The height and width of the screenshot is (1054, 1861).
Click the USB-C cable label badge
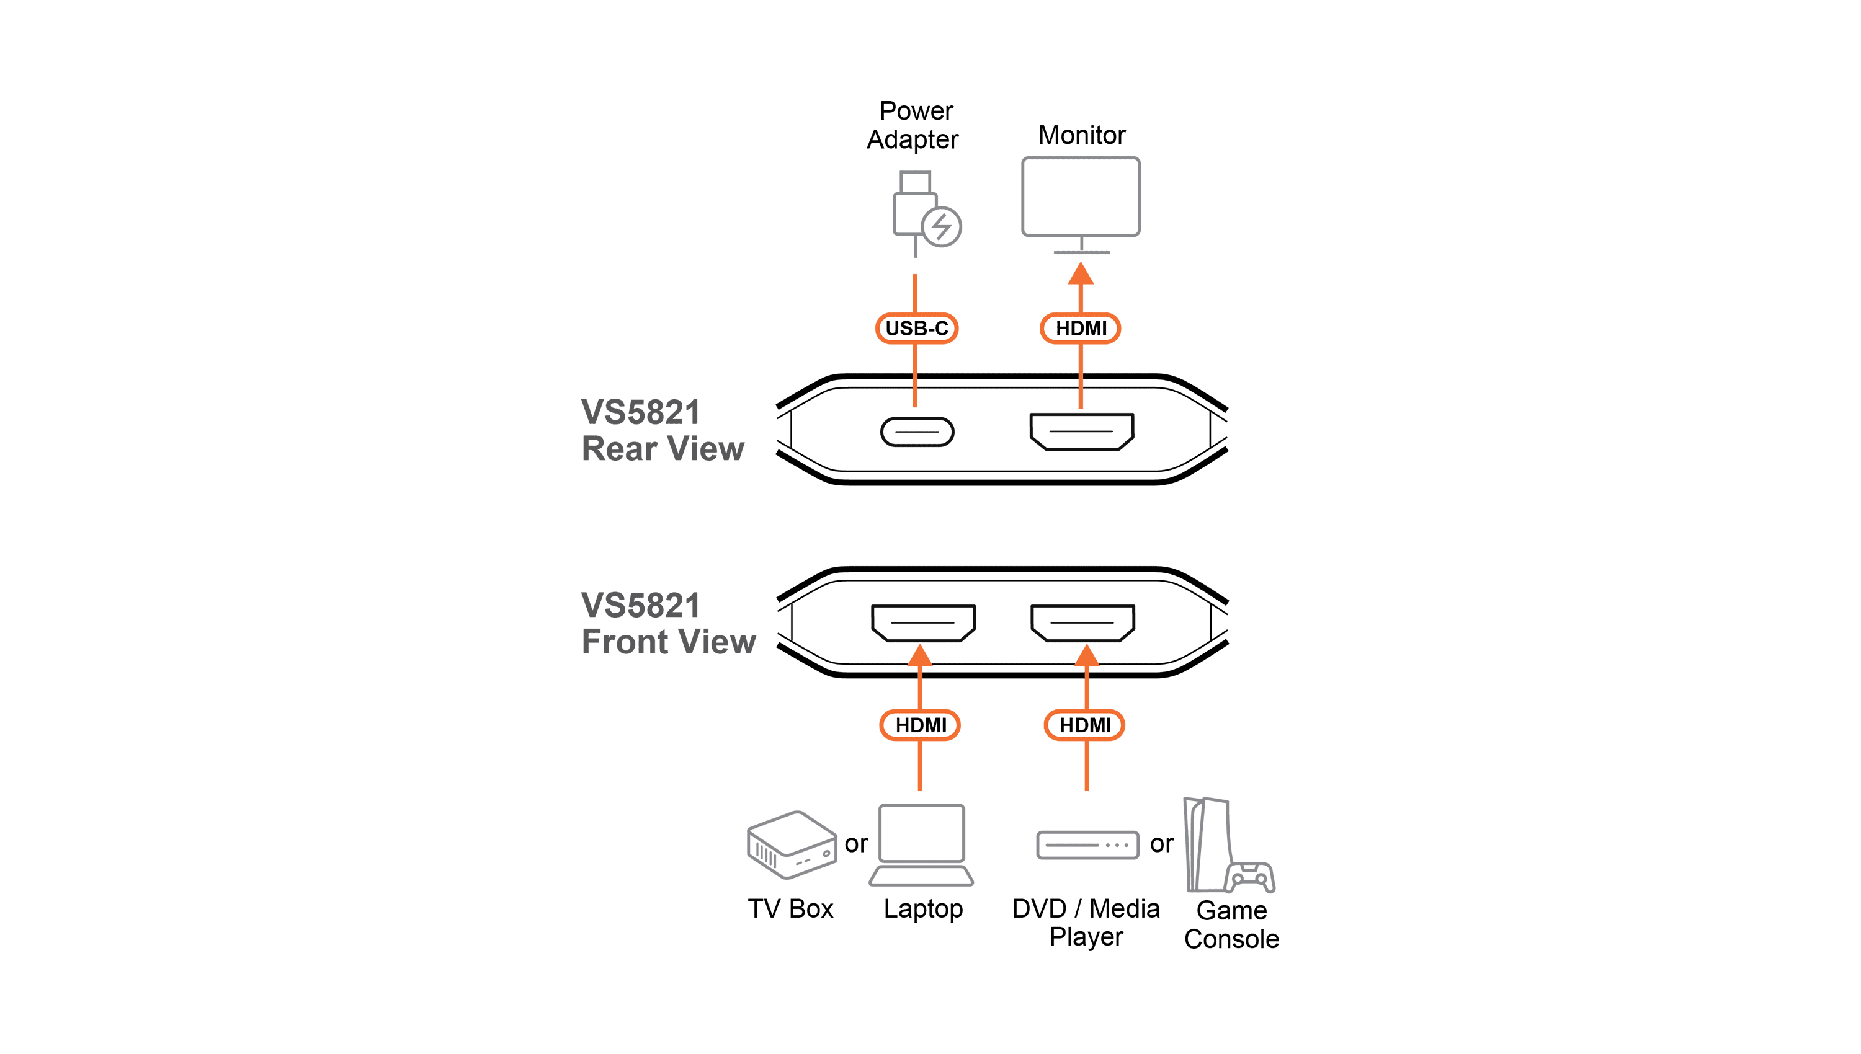coord(916,328)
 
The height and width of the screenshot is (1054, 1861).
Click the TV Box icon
coord(792,845)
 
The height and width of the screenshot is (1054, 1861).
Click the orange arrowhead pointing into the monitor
coord(1081,273)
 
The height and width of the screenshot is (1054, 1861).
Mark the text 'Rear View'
coord(663,449)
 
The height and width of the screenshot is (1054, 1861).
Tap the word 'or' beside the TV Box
coord(856,844)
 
